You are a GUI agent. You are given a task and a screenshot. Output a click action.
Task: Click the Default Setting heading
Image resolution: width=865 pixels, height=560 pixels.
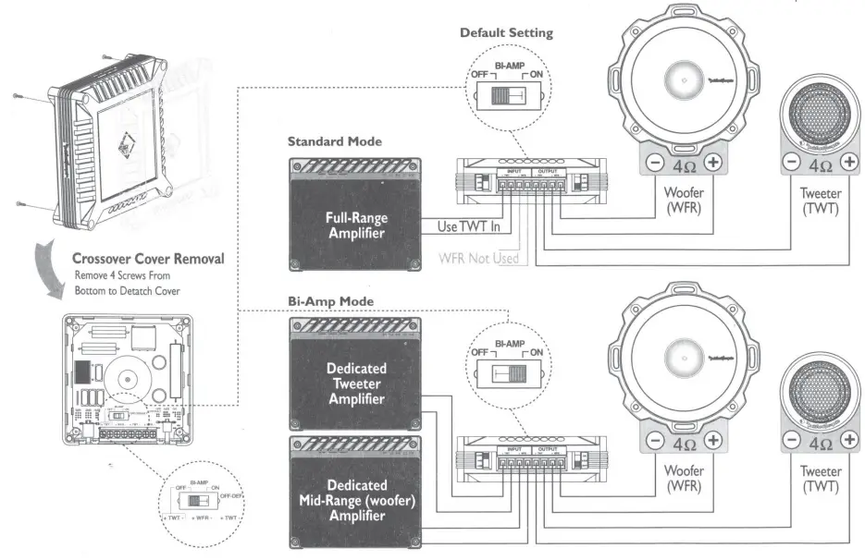click(x=506, y=33)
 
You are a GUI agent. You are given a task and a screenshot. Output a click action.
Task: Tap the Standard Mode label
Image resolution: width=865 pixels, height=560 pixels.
click(x=335, y=142)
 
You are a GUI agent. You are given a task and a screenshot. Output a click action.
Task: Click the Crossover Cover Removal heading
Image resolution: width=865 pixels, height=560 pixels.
click(x=148, y=258)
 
